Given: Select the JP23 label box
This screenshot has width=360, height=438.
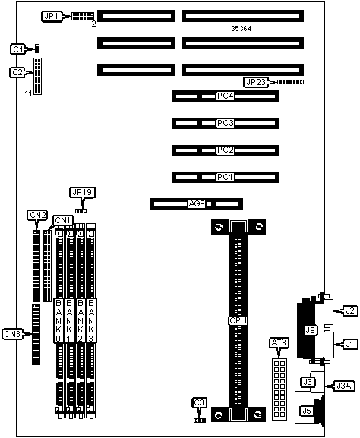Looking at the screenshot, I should [254, 82].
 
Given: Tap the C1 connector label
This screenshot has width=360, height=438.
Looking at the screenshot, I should [17, 49].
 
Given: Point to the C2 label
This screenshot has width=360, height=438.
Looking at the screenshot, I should [17, 72].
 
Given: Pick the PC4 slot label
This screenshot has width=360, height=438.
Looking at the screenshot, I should [225, 96].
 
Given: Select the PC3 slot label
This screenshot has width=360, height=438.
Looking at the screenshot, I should [225, 123].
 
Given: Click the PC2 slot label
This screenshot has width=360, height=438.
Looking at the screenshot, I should [225, 150].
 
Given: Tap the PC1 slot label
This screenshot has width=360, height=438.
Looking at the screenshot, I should [225, 177].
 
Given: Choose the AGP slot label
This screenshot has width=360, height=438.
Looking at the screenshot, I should [196, 203].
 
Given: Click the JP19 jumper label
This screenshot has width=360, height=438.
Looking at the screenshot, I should [80, 193].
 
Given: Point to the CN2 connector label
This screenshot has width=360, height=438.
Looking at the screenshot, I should [37, 215].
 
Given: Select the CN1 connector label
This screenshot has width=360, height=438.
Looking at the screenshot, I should [63, 221].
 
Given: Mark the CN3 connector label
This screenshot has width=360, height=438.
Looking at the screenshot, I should [12, 333].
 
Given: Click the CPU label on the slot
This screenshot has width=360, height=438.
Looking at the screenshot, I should [238, 320].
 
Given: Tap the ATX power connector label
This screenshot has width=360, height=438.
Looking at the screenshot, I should [278, 343].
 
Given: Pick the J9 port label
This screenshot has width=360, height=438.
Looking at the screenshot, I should [310, 330].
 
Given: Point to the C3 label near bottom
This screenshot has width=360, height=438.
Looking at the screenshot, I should [199, 402].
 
